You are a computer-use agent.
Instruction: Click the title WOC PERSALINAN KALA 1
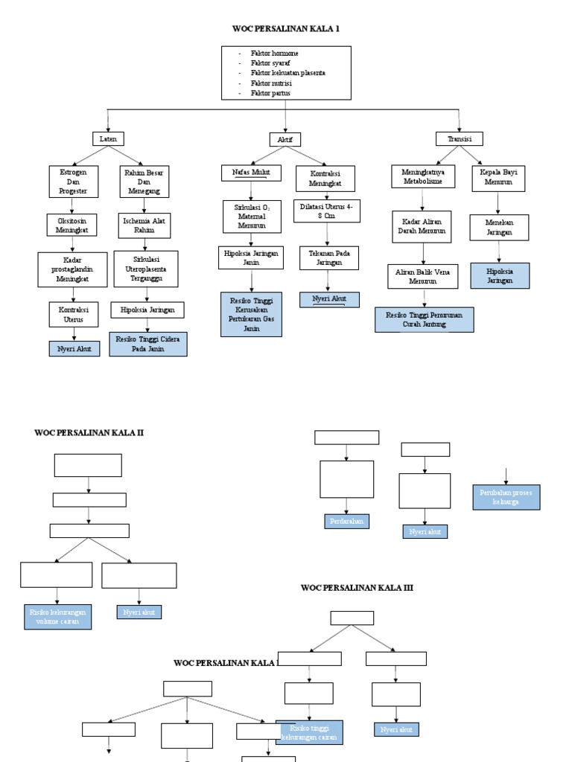[287, 28]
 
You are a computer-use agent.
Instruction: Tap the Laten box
[109, 138]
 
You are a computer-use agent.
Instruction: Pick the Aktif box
[285, 139]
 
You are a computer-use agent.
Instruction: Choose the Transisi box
[459, 138]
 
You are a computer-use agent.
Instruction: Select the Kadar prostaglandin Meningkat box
[72, 269]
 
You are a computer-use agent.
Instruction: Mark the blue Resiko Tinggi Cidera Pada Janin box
[148, 344]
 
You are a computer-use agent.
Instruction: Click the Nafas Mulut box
[251, 173]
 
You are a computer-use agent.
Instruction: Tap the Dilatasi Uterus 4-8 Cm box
[326, 211]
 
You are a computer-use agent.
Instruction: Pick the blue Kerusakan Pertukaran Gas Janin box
[251, 314]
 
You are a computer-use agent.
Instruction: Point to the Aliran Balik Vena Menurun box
[422, 277]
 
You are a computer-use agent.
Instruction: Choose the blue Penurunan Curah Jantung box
[424, 319]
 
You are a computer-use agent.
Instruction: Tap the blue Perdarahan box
[346, 522]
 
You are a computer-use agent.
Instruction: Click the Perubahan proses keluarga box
[506, 497]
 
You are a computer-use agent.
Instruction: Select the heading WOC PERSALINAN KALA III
[357, 588]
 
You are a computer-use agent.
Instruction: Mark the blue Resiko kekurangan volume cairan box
[57, 617]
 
